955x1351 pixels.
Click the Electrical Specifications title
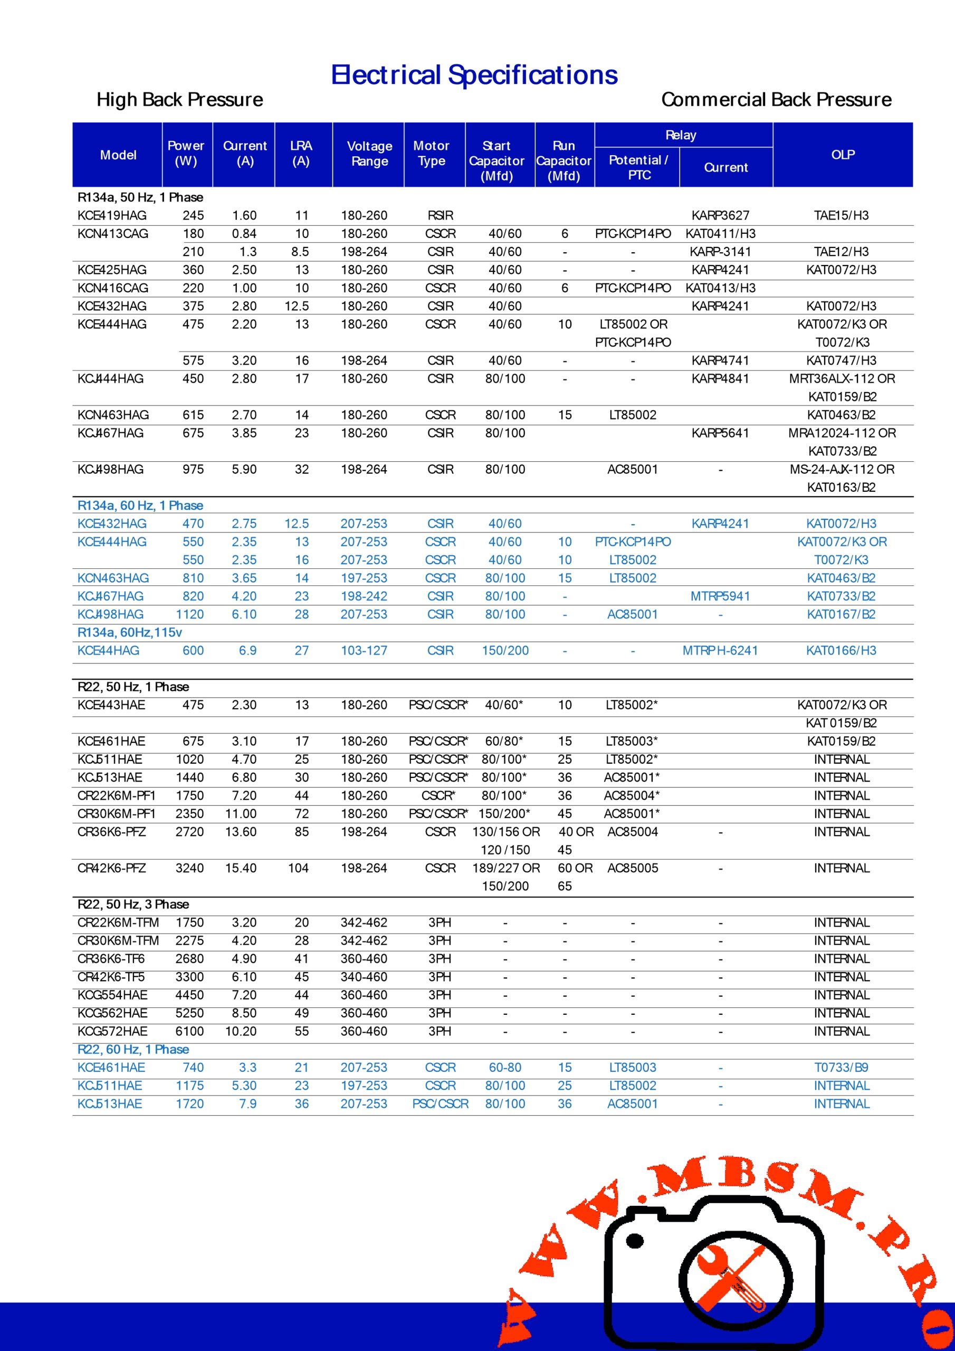tap(474, 75)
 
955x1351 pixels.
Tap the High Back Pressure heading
tap(179, 99)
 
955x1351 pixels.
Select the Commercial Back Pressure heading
tap(776, 99)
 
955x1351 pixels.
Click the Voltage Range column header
tap(369, 154)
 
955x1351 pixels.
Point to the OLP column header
tap(843, 155)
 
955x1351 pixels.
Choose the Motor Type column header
tap(431, 154)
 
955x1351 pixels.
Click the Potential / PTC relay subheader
tap(638, 168)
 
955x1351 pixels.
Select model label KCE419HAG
tap(112, 215)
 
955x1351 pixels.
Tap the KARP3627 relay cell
tap(720, 215)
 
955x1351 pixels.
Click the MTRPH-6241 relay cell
tap(720, 650)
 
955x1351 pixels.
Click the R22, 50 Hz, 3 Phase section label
tap(133, 904)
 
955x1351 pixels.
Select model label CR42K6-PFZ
tap(112, 868)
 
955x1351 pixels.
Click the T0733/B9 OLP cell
tap(841, 1068)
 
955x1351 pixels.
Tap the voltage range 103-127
tap(364, 650)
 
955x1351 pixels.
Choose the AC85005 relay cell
tap(633, 868)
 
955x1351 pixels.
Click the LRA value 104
tap(298, 868)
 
